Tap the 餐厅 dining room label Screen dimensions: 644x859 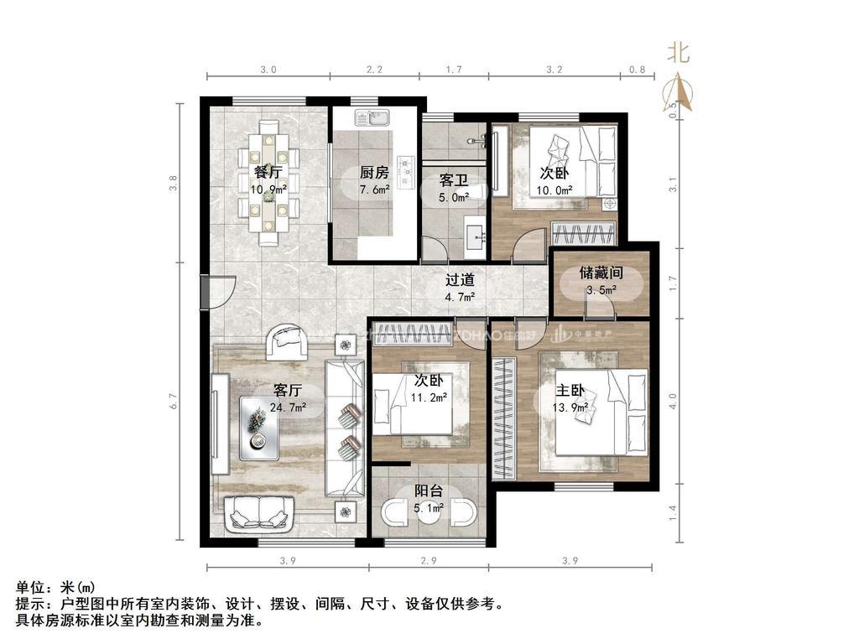point(268,172)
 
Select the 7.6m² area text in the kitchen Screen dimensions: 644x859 point(374,190)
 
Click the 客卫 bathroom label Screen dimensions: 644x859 point(453,180)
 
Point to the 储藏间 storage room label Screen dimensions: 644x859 point(601,273)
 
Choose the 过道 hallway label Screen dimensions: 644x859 point(460,280)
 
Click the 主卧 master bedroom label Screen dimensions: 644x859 point(571,390)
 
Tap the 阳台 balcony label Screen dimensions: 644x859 point(429,491)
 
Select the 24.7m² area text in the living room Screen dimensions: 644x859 point(288,408)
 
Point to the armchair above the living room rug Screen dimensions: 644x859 point(287,341)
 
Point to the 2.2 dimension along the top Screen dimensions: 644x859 point(375,70)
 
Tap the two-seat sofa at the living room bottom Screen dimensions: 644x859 point(259,513)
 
